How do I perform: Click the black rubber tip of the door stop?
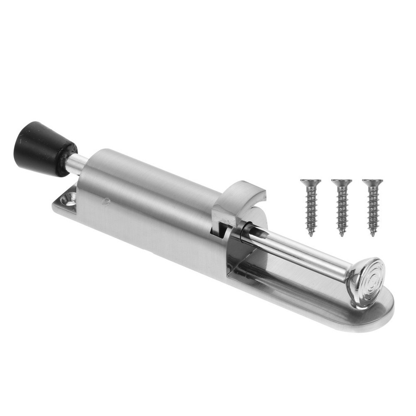[40, 147]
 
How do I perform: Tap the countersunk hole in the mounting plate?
[68, 200]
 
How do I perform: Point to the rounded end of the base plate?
[381, 312]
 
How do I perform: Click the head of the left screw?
[311, 182]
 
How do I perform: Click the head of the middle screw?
[341, 182]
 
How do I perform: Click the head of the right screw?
[373, 182]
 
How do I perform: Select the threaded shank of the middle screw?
[341, 208]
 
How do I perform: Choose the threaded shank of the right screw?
[373, 208]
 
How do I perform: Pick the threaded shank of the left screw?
[311, 208]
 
